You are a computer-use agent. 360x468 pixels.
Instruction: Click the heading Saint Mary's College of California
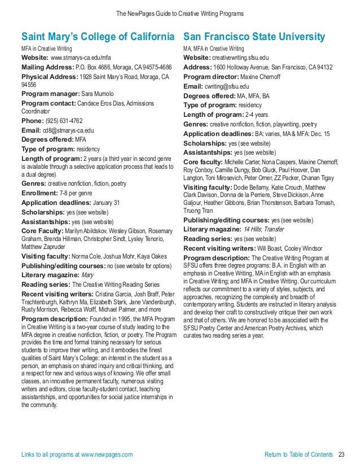pos(97,37)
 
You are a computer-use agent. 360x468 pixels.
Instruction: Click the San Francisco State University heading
pos(254,37)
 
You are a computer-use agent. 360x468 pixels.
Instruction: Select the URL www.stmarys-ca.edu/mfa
pos(81,58)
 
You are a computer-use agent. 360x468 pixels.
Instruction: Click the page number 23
pos(341,454)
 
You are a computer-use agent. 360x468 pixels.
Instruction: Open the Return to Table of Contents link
pos(298,454)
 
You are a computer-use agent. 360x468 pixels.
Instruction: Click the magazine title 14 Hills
pos(253,229)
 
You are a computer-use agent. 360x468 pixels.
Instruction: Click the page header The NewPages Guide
pos(179,13)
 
